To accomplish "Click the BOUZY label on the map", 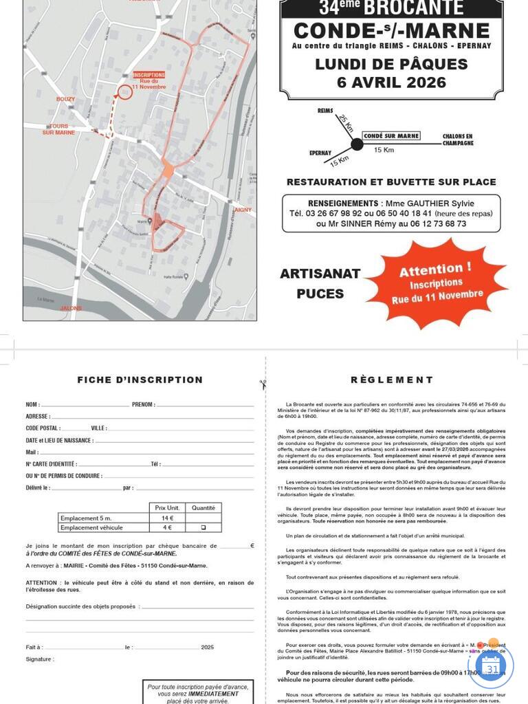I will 65,99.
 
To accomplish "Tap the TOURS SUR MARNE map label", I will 58,129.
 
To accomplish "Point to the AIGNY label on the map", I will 243,210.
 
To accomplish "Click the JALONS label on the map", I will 71,308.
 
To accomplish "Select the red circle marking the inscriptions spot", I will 124,92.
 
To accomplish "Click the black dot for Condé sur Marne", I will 357,144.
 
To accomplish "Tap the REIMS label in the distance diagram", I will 325,110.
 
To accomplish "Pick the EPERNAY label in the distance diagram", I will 320,153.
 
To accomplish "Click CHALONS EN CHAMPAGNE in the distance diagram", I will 458,140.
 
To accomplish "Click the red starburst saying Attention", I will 436,282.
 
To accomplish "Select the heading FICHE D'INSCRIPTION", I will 140,379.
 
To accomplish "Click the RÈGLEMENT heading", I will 392,379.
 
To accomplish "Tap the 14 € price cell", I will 167,518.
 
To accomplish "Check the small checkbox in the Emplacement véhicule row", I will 203,527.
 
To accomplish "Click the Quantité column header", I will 203,508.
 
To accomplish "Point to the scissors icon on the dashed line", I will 263,384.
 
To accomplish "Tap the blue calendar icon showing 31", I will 491,667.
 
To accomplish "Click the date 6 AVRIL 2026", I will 391,82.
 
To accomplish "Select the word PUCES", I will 320,294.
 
